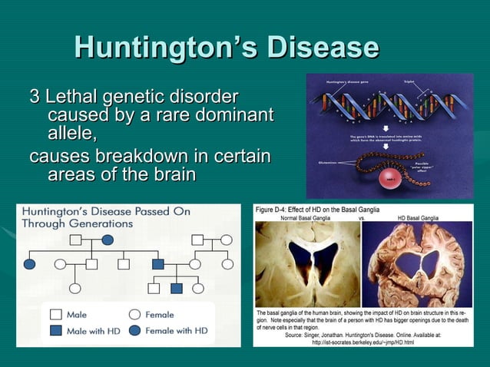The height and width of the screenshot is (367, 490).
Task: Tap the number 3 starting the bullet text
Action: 34,98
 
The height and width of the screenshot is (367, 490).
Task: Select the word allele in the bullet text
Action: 71,134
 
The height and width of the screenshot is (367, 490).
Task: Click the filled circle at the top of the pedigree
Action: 108,240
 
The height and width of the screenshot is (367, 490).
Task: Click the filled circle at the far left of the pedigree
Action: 29,264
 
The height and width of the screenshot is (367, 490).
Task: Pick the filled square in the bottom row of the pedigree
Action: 176,289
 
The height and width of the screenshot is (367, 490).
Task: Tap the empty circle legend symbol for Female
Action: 134,314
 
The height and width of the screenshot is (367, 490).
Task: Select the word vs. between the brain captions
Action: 361,218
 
